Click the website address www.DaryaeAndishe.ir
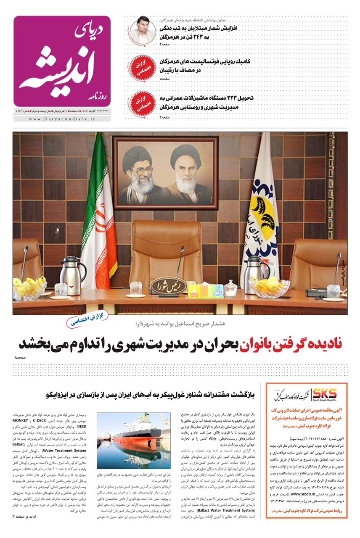tap(62, 119)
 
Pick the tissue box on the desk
tap(199, 290)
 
